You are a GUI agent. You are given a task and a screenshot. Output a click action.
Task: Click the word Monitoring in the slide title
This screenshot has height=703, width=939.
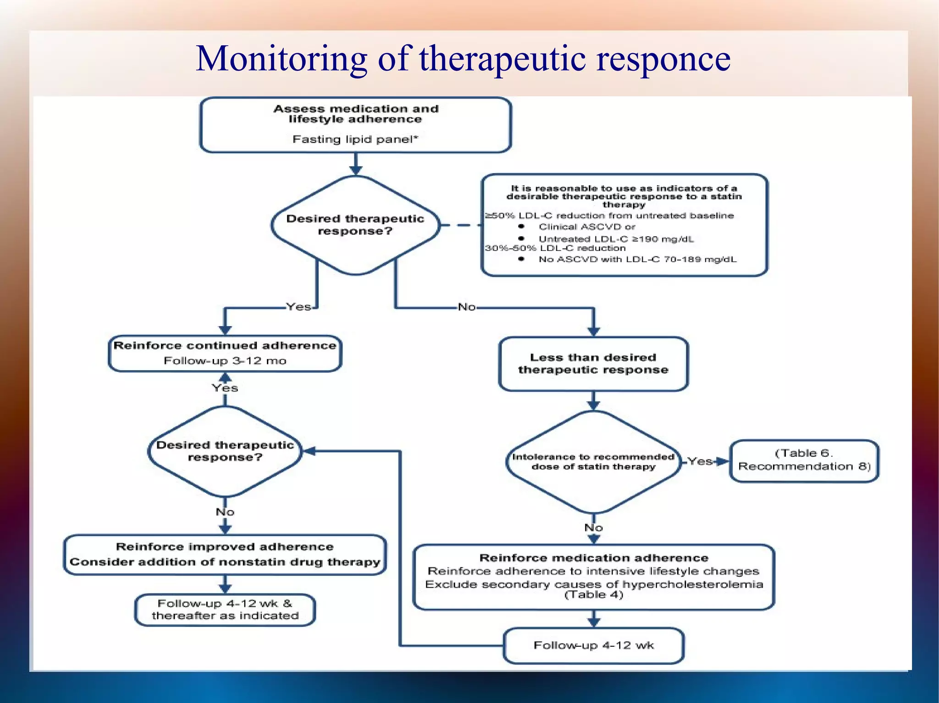(281, 60)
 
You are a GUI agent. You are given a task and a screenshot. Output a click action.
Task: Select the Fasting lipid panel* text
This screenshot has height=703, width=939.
(355, 139)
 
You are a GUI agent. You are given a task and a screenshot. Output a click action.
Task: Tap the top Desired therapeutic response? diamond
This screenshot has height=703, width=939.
(355, 225)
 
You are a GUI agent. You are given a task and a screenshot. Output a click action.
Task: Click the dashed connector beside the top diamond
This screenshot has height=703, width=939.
(461, 225)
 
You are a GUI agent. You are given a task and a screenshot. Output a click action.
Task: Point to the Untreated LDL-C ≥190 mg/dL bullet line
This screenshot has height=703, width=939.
(616, 239)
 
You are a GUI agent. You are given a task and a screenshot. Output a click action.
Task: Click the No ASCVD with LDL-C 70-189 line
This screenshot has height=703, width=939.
(637, 260)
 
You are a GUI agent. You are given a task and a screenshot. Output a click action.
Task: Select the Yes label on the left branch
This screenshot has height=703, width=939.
(298, 307)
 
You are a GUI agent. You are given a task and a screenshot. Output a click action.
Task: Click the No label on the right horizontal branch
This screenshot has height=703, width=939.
(467, 307)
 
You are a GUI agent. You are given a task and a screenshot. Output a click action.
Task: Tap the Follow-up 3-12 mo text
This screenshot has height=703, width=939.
(225, 361)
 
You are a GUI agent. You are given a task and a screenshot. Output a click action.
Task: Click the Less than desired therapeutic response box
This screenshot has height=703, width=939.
(593, 364)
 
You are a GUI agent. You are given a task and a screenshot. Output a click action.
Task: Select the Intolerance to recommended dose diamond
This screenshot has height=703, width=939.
(593, 462)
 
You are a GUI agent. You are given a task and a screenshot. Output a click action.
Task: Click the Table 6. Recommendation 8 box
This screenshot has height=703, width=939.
(804, 460)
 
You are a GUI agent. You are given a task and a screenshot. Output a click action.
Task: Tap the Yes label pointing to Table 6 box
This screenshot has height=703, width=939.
(700, 461)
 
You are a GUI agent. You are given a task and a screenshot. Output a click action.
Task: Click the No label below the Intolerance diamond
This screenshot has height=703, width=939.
(593, 528)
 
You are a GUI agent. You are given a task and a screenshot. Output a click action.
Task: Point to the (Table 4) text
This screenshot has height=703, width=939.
(593, 595)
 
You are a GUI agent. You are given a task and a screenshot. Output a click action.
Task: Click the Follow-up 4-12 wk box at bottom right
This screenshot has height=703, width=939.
(593, 645)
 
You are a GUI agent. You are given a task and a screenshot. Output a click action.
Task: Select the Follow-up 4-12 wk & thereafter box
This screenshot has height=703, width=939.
(225, 610)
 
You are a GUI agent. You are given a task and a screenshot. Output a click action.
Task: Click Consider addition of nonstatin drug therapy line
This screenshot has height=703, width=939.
(225, 562)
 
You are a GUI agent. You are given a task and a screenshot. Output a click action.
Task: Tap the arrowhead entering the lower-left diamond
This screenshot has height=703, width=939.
(309, 452)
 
